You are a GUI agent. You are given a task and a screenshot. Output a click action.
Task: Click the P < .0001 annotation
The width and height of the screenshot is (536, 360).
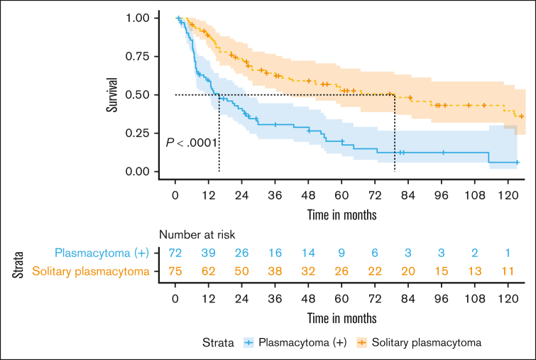[x=192, y=143]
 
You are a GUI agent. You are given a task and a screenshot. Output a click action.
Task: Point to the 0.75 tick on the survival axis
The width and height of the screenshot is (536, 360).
[x=156, y=56]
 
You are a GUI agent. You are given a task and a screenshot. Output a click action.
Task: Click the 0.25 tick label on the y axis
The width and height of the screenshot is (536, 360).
[x=138, y=133]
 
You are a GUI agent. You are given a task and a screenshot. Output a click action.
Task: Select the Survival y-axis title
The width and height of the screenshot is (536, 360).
[x=111, y=94]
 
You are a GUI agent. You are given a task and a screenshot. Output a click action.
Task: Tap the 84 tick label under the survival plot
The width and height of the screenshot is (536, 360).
[x=408, y=195]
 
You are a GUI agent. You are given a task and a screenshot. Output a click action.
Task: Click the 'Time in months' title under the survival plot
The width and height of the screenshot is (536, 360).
[x=342, y=214]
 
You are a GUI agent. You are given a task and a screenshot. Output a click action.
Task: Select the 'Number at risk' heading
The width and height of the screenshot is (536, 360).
[x=197, y=234]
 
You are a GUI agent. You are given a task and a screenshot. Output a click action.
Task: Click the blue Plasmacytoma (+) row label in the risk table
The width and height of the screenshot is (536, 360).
[x=102, y=253]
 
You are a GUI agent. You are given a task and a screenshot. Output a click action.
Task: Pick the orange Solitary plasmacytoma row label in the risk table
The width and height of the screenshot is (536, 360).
[x=91, y=271]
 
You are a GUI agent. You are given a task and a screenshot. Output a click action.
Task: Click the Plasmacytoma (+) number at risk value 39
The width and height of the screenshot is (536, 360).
[x=208, y=253]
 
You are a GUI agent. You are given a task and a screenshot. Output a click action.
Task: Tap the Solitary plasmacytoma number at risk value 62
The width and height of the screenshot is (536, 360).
[x=208, y=271]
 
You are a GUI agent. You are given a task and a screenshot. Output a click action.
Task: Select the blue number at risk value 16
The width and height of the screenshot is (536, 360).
[x=275, y=253]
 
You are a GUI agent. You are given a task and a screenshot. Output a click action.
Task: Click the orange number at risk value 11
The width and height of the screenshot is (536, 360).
[x=508, y=271]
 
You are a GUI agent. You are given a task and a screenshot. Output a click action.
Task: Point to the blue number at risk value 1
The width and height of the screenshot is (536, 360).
[x=508, y=253]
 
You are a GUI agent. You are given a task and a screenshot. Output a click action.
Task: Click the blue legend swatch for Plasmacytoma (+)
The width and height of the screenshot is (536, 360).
[x=249, y=342]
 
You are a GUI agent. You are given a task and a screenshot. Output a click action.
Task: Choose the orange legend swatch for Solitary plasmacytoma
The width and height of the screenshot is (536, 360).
[x=361, y=342]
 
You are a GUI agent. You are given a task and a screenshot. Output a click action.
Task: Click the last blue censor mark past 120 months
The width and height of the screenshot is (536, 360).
[x=517, y=163]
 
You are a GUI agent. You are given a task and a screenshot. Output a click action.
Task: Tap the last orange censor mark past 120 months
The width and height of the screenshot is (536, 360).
[x=521, y=116]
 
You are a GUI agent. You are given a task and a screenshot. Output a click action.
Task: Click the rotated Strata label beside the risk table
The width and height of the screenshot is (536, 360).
[x=18, y=265]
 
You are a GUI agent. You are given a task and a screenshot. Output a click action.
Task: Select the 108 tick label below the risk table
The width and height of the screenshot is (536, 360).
[x=474, y=299]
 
